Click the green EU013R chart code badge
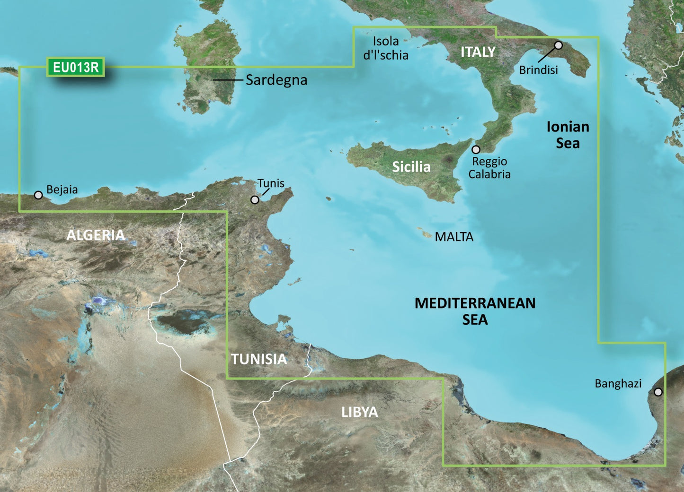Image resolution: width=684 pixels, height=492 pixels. coord(76,68)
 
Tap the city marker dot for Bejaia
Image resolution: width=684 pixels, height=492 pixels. coord(38,195)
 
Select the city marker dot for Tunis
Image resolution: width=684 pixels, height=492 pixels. coord(255,200)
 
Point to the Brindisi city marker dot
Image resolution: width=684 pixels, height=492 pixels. coord(558,45)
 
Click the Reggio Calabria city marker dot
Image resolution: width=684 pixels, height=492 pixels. coord(476,149)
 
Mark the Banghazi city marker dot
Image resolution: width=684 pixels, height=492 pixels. coord(658,392)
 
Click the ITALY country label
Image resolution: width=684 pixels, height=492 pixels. coord(478,52)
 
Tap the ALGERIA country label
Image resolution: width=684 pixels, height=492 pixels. coord(96,235)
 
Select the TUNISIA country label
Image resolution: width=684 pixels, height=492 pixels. coord(259,359)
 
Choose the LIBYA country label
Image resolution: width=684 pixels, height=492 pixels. coord(360,412)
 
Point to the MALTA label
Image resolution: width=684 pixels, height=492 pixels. coord(454,237)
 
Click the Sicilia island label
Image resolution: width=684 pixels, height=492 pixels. coord(411,166)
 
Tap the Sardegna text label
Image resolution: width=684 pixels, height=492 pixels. coord(276,80)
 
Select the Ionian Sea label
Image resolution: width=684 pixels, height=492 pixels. coord(568,135)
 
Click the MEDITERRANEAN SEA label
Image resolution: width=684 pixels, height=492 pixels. coord(475,311)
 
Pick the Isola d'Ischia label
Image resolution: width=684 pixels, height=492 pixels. coord(386,48)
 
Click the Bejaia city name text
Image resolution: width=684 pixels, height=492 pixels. coord(62,190)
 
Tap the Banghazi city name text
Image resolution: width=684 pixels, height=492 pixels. coord(618,383)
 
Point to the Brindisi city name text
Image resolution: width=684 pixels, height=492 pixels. coord(538,70)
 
